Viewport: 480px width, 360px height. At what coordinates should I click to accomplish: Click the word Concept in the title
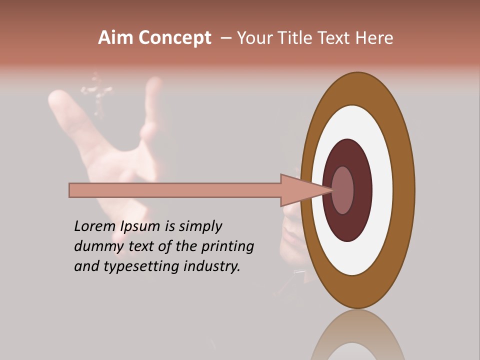(175, 38)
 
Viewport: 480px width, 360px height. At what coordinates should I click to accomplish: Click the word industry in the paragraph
(212, 266)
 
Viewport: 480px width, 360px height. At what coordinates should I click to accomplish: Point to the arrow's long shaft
(175, 190)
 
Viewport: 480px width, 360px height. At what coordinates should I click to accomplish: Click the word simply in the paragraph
(200, 226)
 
